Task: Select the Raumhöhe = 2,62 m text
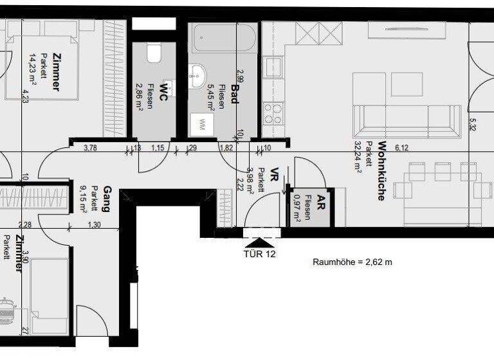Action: click(352, 262)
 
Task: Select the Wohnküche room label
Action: click(381, 171)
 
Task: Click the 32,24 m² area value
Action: click(358, 157)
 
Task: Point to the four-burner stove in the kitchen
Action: click(273, 114)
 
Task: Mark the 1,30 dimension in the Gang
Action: click(94, 224)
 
